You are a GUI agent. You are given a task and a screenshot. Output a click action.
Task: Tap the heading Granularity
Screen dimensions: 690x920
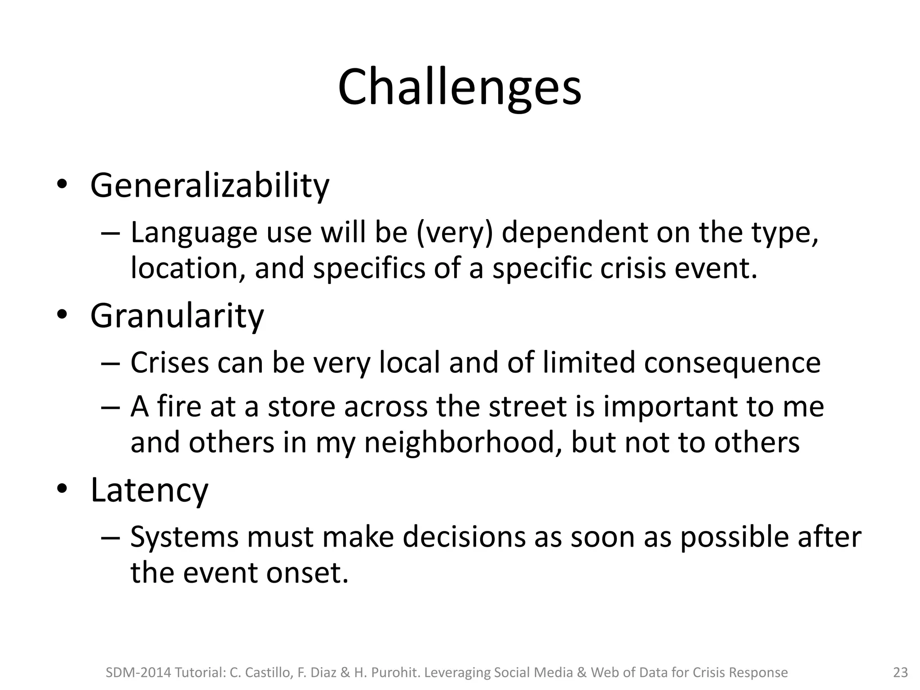point(177,316)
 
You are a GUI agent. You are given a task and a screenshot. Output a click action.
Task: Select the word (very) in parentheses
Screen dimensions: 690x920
point(455,233)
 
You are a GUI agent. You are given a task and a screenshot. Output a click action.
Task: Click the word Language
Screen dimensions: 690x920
point(194,234)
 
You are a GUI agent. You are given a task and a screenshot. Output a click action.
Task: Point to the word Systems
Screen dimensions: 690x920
point(184,537)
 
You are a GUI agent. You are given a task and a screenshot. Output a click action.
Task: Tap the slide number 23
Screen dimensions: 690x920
point(900,672)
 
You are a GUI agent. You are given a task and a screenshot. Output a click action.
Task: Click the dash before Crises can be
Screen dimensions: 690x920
point(111,363)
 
